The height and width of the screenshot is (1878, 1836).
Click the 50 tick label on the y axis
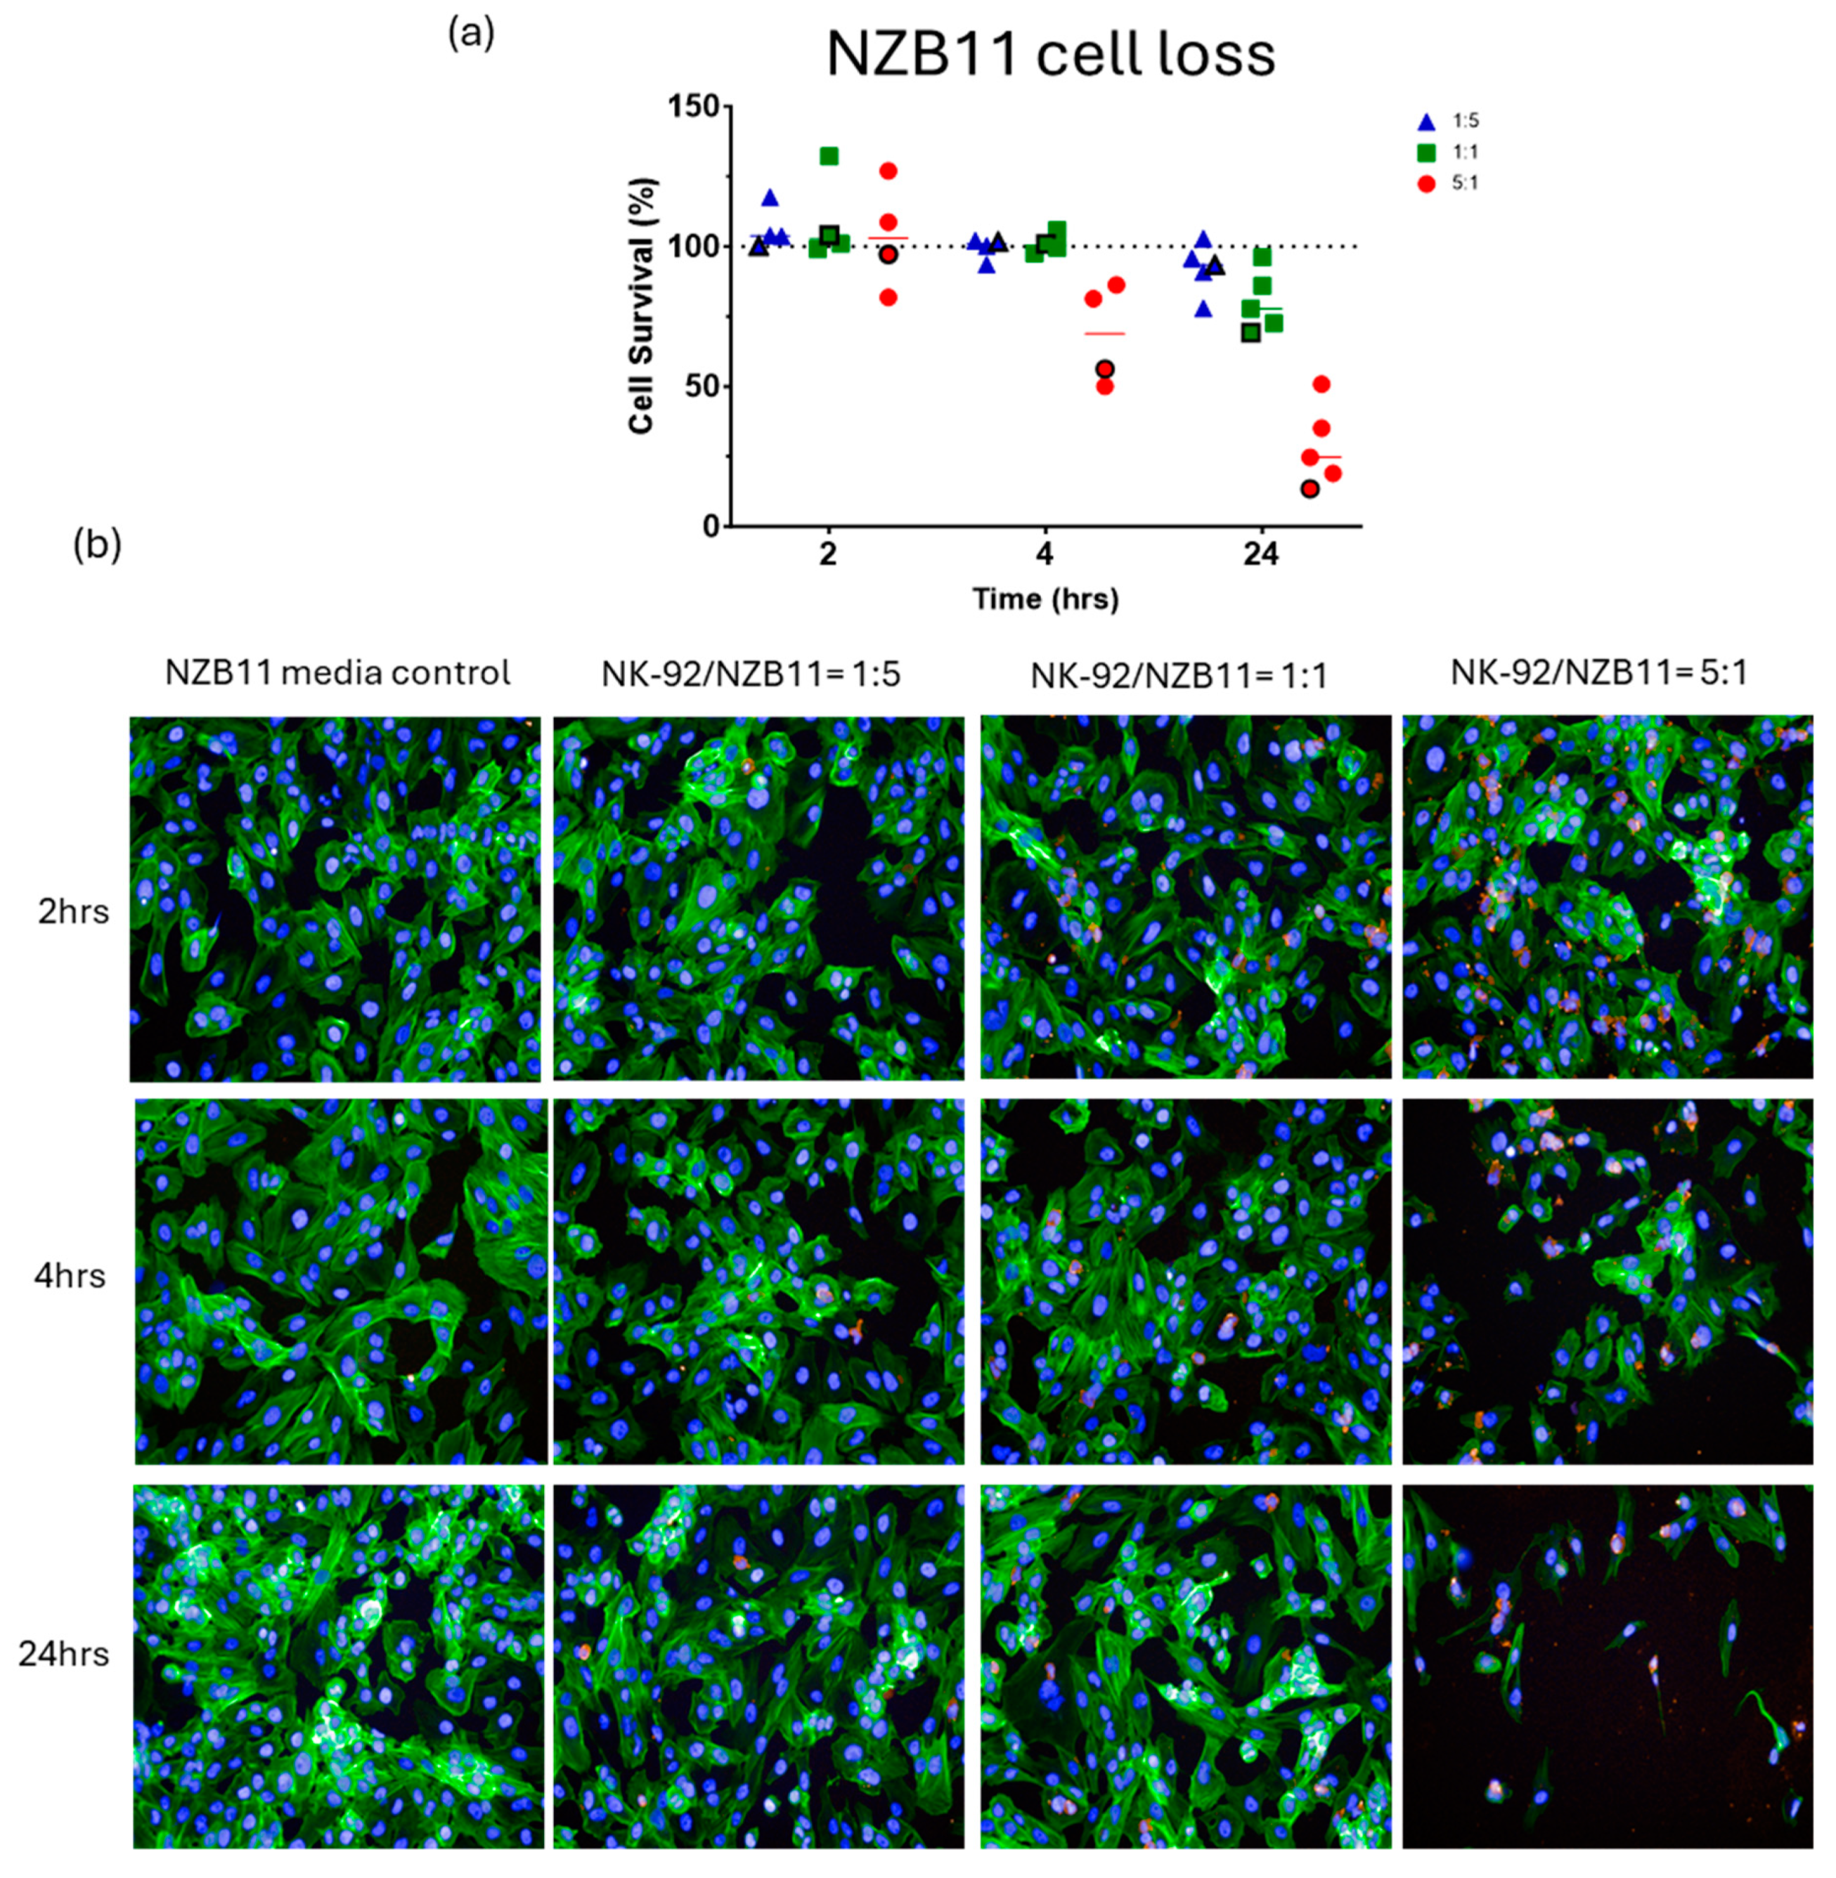click(x=701, y=386)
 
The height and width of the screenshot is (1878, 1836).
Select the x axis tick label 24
click(x=1260, y=554)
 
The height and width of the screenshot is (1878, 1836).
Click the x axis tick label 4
click(x=1045, y=554)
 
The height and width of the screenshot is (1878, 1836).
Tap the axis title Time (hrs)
click(x=1045, y=599)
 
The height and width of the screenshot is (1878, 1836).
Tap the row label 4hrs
click(x=70, y=1275)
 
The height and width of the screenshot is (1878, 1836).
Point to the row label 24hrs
click(x=64, y=1655)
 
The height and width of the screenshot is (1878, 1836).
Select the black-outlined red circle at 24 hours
click(x=1310, y=489)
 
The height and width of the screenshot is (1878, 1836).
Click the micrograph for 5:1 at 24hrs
click(x=1608, y=1667)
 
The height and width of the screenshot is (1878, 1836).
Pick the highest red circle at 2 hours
click(x=888, y=171)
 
